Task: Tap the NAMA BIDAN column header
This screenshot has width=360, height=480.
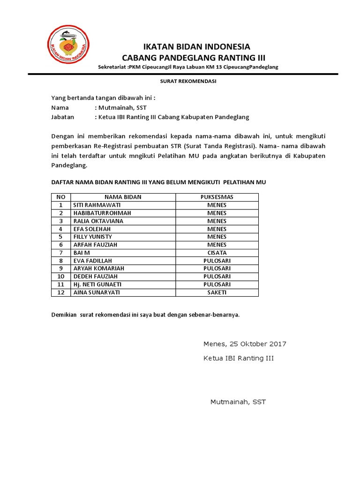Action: pyautogui.click(x=123, y=197)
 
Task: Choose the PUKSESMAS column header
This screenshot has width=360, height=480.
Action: pyautogui.click(x=217, y=197)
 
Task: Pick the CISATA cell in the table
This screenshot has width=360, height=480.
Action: pyautogui.click(x=217, y=253)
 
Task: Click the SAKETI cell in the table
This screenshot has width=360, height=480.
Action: pyautogui.click(x=217, y=292)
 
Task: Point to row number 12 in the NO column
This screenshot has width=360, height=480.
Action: pyautogui.click(x=60, y=292)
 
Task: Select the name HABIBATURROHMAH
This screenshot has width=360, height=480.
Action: pyautogui.click(x=102, y=213)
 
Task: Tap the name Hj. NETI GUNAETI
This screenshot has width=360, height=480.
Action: pyautogui.click(x=97, y=284)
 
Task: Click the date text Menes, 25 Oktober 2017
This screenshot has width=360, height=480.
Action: pyautogui.click(x=245, y=344)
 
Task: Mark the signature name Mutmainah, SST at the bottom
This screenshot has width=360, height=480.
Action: pyautogui.click(x=238, y=402)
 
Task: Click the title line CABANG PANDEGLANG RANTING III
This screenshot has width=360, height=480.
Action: pyautogui.click(x=193, y=58)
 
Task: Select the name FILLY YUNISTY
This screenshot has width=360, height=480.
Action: pyautogui.click(x=92, y=237)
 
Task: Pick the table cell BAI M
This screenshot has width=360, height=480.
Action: pyautogui.click(x=81, y=253)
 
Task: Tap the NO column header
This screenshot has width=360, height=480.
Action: pyautogui.click(x=60, y=197)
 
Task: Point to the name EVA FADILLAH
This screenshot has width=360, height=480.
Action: pyautogui.click(x=92, y=261)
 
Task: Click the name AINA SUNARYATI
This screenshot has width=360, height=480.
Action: pyautogui.click(x=96, y=292)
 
